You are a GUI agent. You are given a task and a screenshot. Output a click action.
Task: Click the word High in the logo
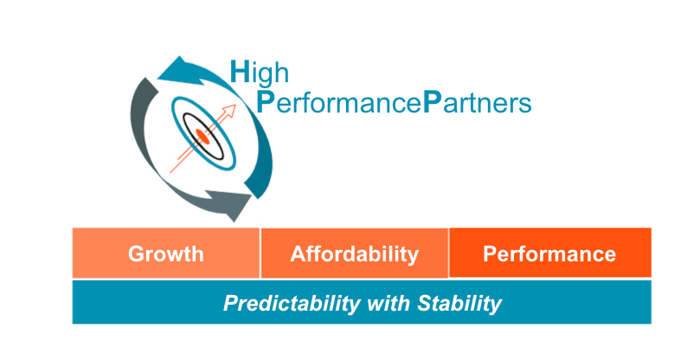pyautogui.click(x=260, y=74)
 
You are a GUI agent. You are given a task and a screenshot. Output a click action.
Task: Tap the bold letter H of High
pyautogui.click(x=240, y=72)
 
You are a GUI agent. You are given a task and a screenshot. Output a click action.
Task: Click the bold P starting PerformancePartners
pyautogui.click(x=265, y=102)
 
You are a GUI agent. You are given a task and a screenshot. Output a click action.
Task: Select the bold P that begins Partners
pyautogui.click(x=431, y=102)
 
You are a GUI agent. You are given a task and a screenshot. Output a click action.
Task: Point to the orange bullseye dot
pyautogui.click(x=202, y=136)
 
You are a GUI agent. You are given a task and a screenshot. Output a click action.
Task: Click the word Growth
pyautogui.click(x=166, y=254)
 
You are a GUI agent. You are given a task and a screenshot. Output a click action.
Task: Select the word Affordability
pyautogui.click(x=355, y=254)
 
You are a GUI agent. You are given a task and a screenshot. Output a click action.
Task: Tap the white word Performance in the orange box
pyautogui.click(x=549, y=254)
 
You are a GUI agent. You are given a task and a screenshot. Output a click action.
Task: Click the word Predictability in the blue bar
pyautogui.click(x=291, y=304)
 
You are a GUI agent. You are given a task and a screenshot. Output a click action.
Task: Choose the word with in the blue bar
pyautogui.click(x=388, y=303)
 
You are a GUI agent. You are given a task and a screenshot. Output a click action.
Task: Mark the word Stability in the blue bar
pyautogui.click(x=459, y=304)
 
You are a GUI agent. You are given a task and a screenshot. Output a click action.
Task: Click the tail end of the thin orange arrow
pyautogui.click(x=170, y=172)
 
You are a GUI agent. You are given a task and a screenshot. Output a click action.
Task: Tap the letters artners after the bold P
pyautogui.click(x=485, y=104)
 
